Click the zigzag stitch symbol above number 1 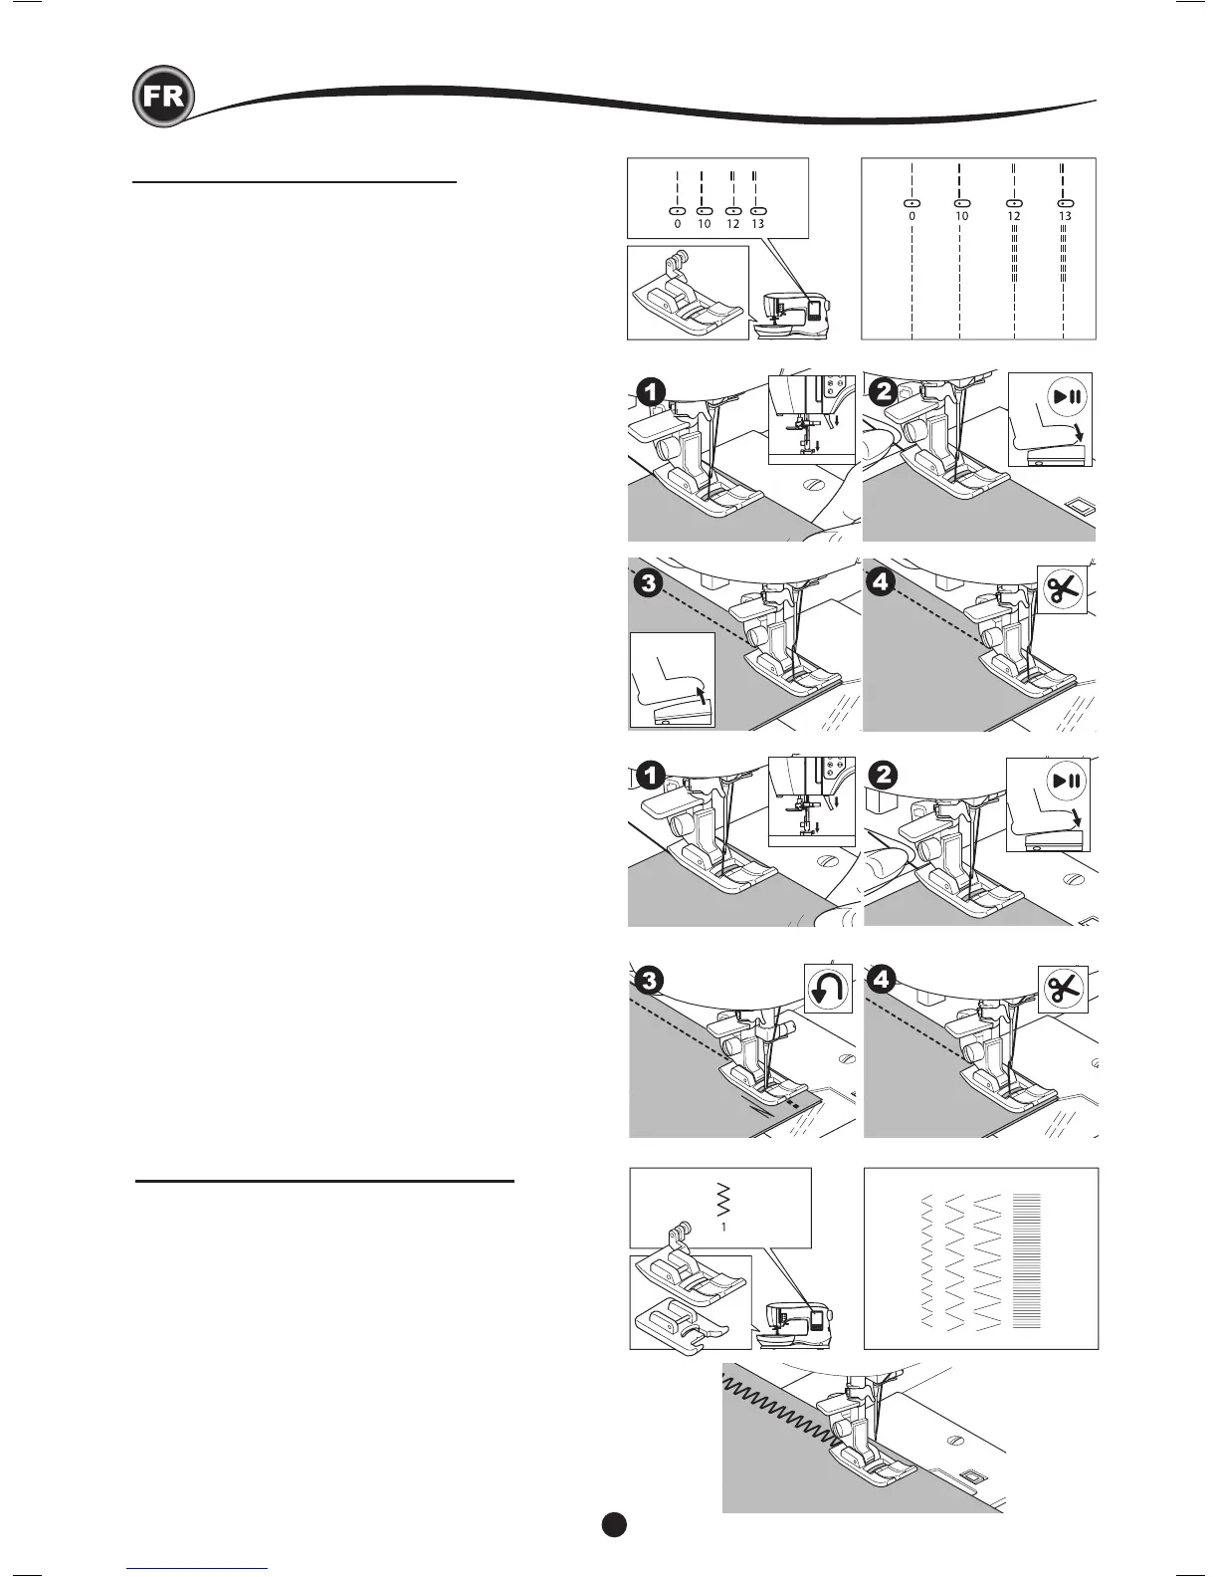click(x=722, y=1202)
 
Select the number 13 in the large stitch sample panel click(x=1065, y=216)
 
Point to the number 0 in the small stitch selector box click(x=678, y=225)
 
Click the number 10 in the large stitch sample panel click(x=961, y=216)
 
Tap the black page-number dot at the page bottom click(x=614, y=1524)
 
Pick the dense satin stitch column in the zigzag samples click(x=1026, y=1259)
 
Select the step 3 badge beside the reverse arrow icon click(x=650, y=981)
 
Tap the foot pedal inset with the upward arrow click(x=673, y=680)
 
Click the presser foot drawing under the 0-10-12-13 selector click(x=688, y=295)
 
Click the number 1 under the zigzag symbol click(x=723, y=1228)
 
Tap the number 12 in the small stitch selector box click(x=732, y=225)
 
